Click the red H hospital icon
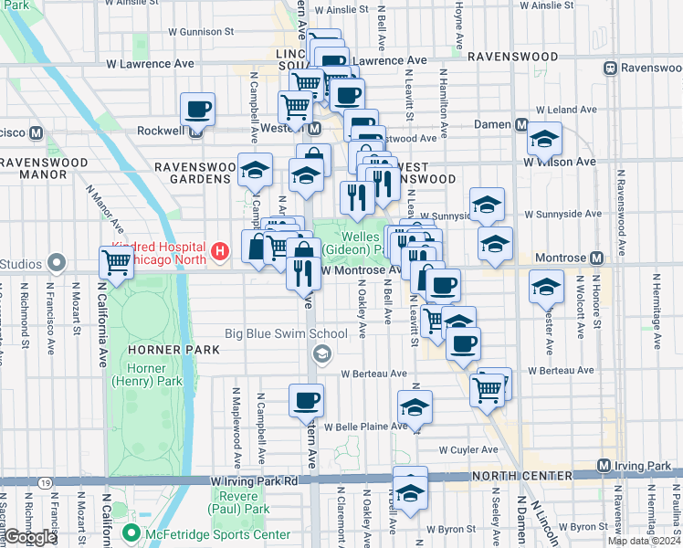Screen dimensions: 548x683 click(x=219, y=250)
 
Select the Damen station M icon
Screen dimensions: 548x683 click(x=522, y=125)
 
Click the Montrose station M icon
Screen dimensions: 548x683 click(x=596, y=258)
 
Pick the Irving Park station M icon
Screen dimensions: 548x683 click(x=604, y=467)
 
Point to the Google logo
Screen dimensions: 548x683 click(x=30, y=537)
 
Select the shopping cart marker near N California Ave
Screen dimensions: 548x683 click(x=117, y=262)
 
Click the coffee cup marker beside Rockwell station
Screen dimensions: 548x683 click(x=197, y=110)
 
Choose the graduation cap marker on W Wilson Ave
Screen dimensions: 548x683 click(x=546, y=138)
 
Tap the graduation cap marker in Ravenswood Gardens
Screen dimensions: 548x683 click(x=255, y=169)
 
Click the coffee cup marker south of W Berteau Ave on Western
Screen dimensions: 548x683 click(x=306, y=399)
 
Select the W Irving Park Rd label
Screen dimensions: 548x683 click(x=255, y=480)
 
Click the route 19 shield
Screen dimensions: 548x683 click(x=44, y=481)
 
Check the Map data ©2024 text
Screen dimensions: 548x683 click(x=644, y=541)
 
